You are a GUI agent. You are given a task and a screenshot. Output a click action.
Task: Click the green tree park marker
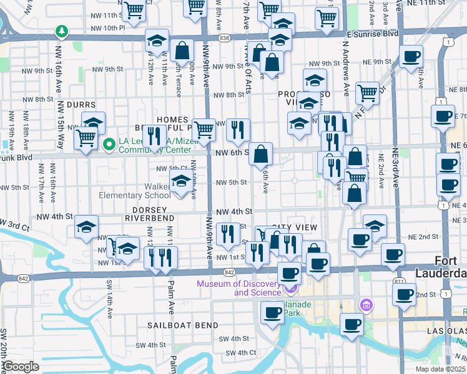coord(61,31)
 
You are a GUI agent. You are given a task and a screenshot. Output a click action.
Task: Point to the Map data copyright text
coord(441,369)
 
